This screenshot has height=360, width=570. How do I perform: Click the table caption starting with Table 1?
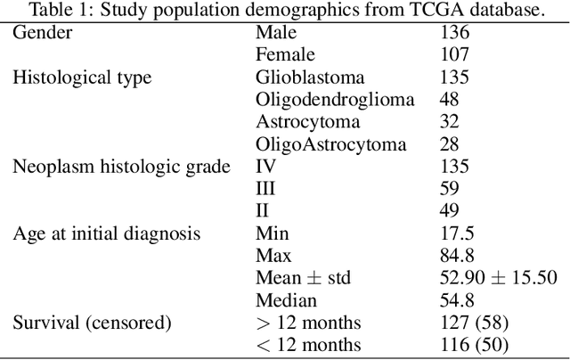click(x=284, y=11)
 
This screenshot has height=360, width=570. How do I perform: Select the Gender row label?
click(x=42, y=33)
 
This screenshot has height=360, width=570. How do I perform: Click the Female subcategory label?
click(x=284, y=55)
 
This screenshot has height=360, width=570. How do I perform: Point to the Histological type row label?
click(x=81, y=78)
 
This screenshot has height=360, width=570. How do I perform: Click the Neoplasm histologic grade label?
click(x=120, y=167)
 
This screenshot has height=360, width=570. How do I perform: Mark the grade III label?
click(x=265, y=189)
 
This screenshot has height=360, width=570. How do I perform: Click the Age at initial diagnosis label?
click(x=106, y=233)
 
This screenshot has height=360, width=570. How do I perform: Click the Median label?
click(x=286, y=300)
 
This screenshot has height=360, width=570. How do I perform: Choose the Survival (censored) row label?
click(x=92, y=323)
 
